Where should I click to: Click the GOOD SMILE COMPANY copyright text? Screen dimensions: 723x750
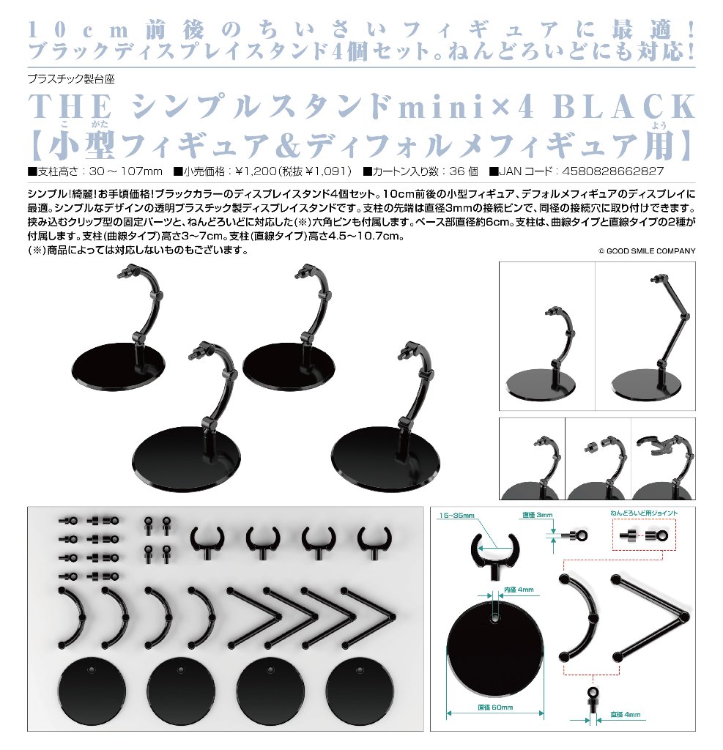click(x=647, y=250)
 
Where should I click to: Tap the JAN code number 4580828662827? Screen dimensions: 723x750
click(x=613, y=171)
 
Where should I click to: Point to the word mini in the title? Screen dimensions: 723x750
click(x=442, y=107)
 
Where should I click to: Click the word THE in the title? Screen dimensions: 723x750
click(x=70, y=106)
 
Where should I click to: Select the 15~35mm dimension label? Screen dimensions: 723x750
click(x=457, y=516)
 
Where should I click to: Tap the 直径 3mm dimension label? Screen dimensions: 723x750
click(x=538, y=515)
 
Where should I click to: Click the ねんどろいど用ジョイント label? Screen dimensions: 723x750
click(x=644, y=513)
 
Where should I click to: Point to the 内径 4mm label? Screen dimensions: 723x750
click(x=519, y=590)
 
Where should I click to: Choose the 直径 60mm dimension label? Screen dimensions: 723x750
click(x=495, y=708)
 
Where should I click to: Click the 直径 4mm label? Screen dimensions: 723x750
click(x=626, y=715)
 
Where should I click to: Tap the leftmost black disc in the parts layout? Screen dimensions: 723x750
click(x=92, y=691)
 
